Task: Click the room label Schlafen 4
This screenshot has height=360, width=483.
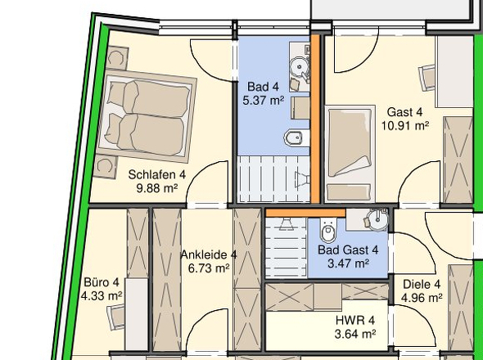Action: coord(157,174)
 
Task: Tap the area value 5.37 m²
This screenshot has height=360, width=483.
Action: coord(264,101)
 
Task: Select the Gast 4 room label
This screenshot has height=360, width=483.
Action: coord(404,112)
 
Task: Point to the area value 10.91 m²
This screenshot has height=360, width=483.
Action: coord(405,126)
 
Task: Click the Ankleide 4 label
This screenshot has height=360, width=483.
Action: coord(209,255)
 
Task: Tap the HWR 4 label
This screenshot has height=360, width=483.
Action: coord(355,320)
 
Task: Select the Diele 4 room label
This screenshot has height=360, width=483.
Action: coord(422,284)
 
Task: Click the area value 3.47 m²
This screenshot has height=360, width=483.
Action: coord(348,263)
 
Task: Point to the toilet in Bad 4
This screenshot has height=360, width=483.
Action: coord(296,138)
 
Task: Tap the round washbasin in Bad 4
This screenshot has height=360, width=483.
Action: coord(299,66)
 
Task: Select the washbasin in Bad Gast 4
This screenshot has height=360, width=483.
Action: coord(378,219)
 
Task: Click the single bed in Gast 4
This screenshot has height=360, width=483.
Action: coord(350,154)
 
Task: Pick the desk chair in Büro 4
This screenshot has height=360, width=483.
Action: coord(115,317)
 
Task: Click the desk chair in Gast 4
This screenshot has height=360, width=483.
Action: coord(427,78)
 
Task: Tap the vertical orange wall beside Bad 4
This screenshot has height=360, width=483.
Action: coord(315,119)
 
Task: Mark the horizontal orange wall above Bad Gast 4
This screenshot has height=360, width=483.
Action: coord(305,213)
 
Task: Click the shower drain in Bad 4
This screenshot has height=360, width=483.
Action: coord(302,179)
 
